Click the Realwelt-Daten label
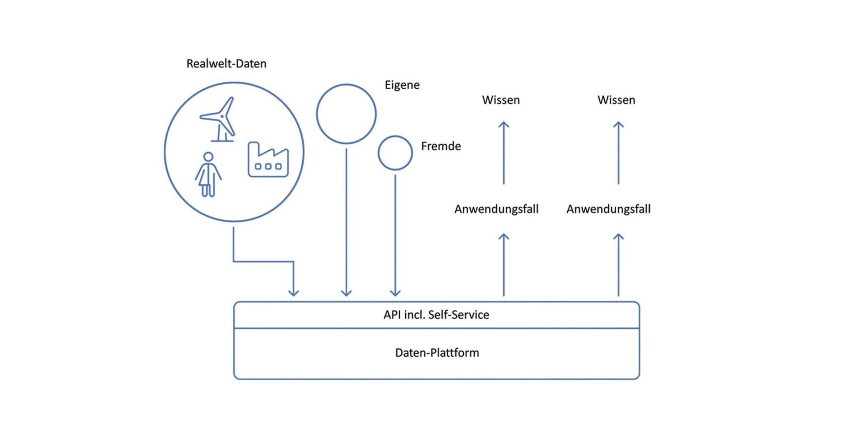(x=226, y=64)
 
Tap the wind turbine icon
(x=219, y=119)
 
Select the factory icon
(x=268, y=159)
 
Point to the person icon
(x=208, y=174)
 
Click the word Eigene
(x=402, y=85)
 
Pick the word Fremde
(x=441, y=146)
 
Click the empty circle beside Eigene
(x=346, y=114)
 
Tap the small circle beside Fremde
(x=395, y=153)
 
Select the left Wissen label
(x=501, y=100)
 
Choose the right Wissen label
(x=616, y=100)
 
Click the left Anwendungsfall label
(x=496, y=209)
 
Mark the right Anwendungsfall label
(x=609, y=209)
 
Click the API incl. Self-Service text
(x=436, y=315)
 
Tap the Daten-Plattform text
(x=437, y=353)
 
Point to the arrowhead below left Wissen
(x=504, y=125)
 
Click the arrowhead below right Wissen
(x=618, y=125)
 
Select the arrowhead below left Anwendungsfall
(x=504, y=237)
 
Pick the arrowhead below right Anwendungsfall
(x=618, y=237)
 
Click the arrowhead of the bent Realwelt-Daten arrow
(x=294, y=293)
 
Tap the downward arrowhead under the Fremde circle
(x=395, y=293)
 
